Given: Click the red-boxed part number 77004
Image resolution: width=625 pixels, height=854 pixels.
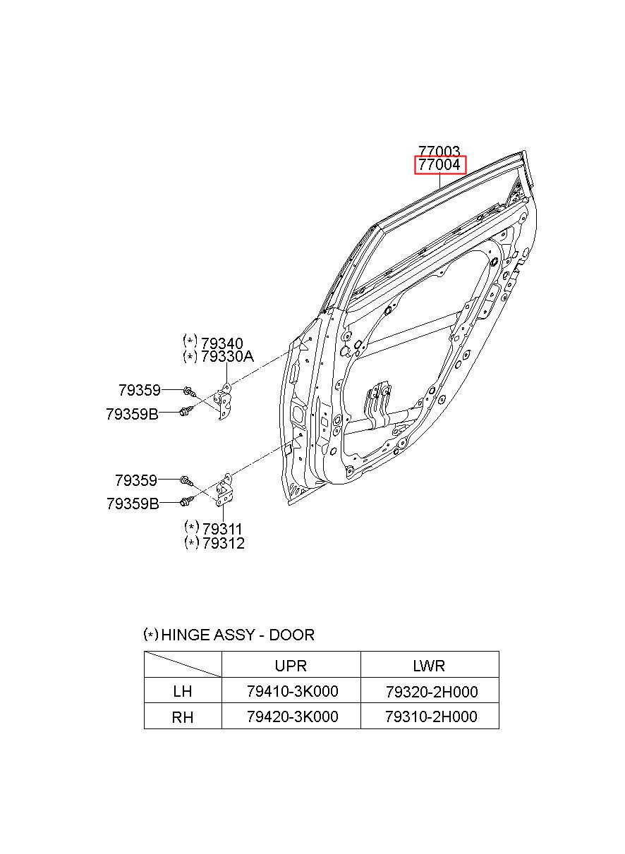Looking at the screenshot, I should (x=439, y=165).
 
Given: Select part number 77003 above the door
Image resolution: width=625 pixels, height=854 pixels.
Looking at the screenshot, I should (x=439, y=151).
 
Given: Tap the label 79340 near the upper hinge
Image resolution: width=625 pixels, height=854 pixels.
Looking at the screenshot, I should (x=222, y=343).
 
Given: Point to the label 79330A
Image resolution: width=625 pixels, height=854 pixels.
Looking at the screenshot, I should (x=226, y=357).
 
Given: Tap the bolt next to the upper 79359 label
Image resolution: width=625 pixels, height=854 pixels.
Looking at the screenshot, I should (x=188, y=390).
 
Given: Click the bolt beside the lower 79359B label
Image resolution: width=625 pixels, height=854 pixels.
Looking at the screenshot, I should (x=186, y=502).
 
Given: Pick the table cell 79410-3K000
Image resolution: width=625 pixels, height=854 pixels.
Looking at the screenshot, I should (x=292, y=692).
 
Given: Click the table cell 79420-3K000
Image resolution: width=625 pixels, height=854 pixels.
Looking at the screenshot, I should (x=292, y=716).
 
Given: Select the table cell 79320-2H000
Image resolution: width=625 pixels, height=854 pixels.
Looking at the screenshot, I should (x=431, y=692).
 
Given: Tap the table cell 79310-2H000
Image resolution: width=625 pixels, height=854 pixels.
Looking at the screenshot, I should (x=431, y=716).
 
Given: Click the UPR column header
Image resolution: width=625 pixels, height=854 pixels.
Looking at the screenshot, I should (x=291, y=666).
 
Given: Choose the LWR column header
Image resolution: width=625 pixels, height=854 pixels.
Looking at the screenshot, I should (x=429, y=666).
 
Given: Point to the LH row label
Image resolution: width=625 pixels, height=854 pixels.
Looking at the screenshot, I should (x=182, y=692).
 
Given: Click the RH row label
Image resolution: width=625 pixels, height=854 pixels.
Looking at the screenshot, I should (x=183, y=717).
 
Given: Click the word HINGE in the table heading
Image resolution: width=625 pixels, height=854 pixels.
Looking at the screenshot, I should (x=186, y=635).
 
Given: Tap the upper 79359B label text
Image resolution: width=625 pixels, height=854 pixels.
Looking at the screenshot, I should (x=133, y=415).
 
